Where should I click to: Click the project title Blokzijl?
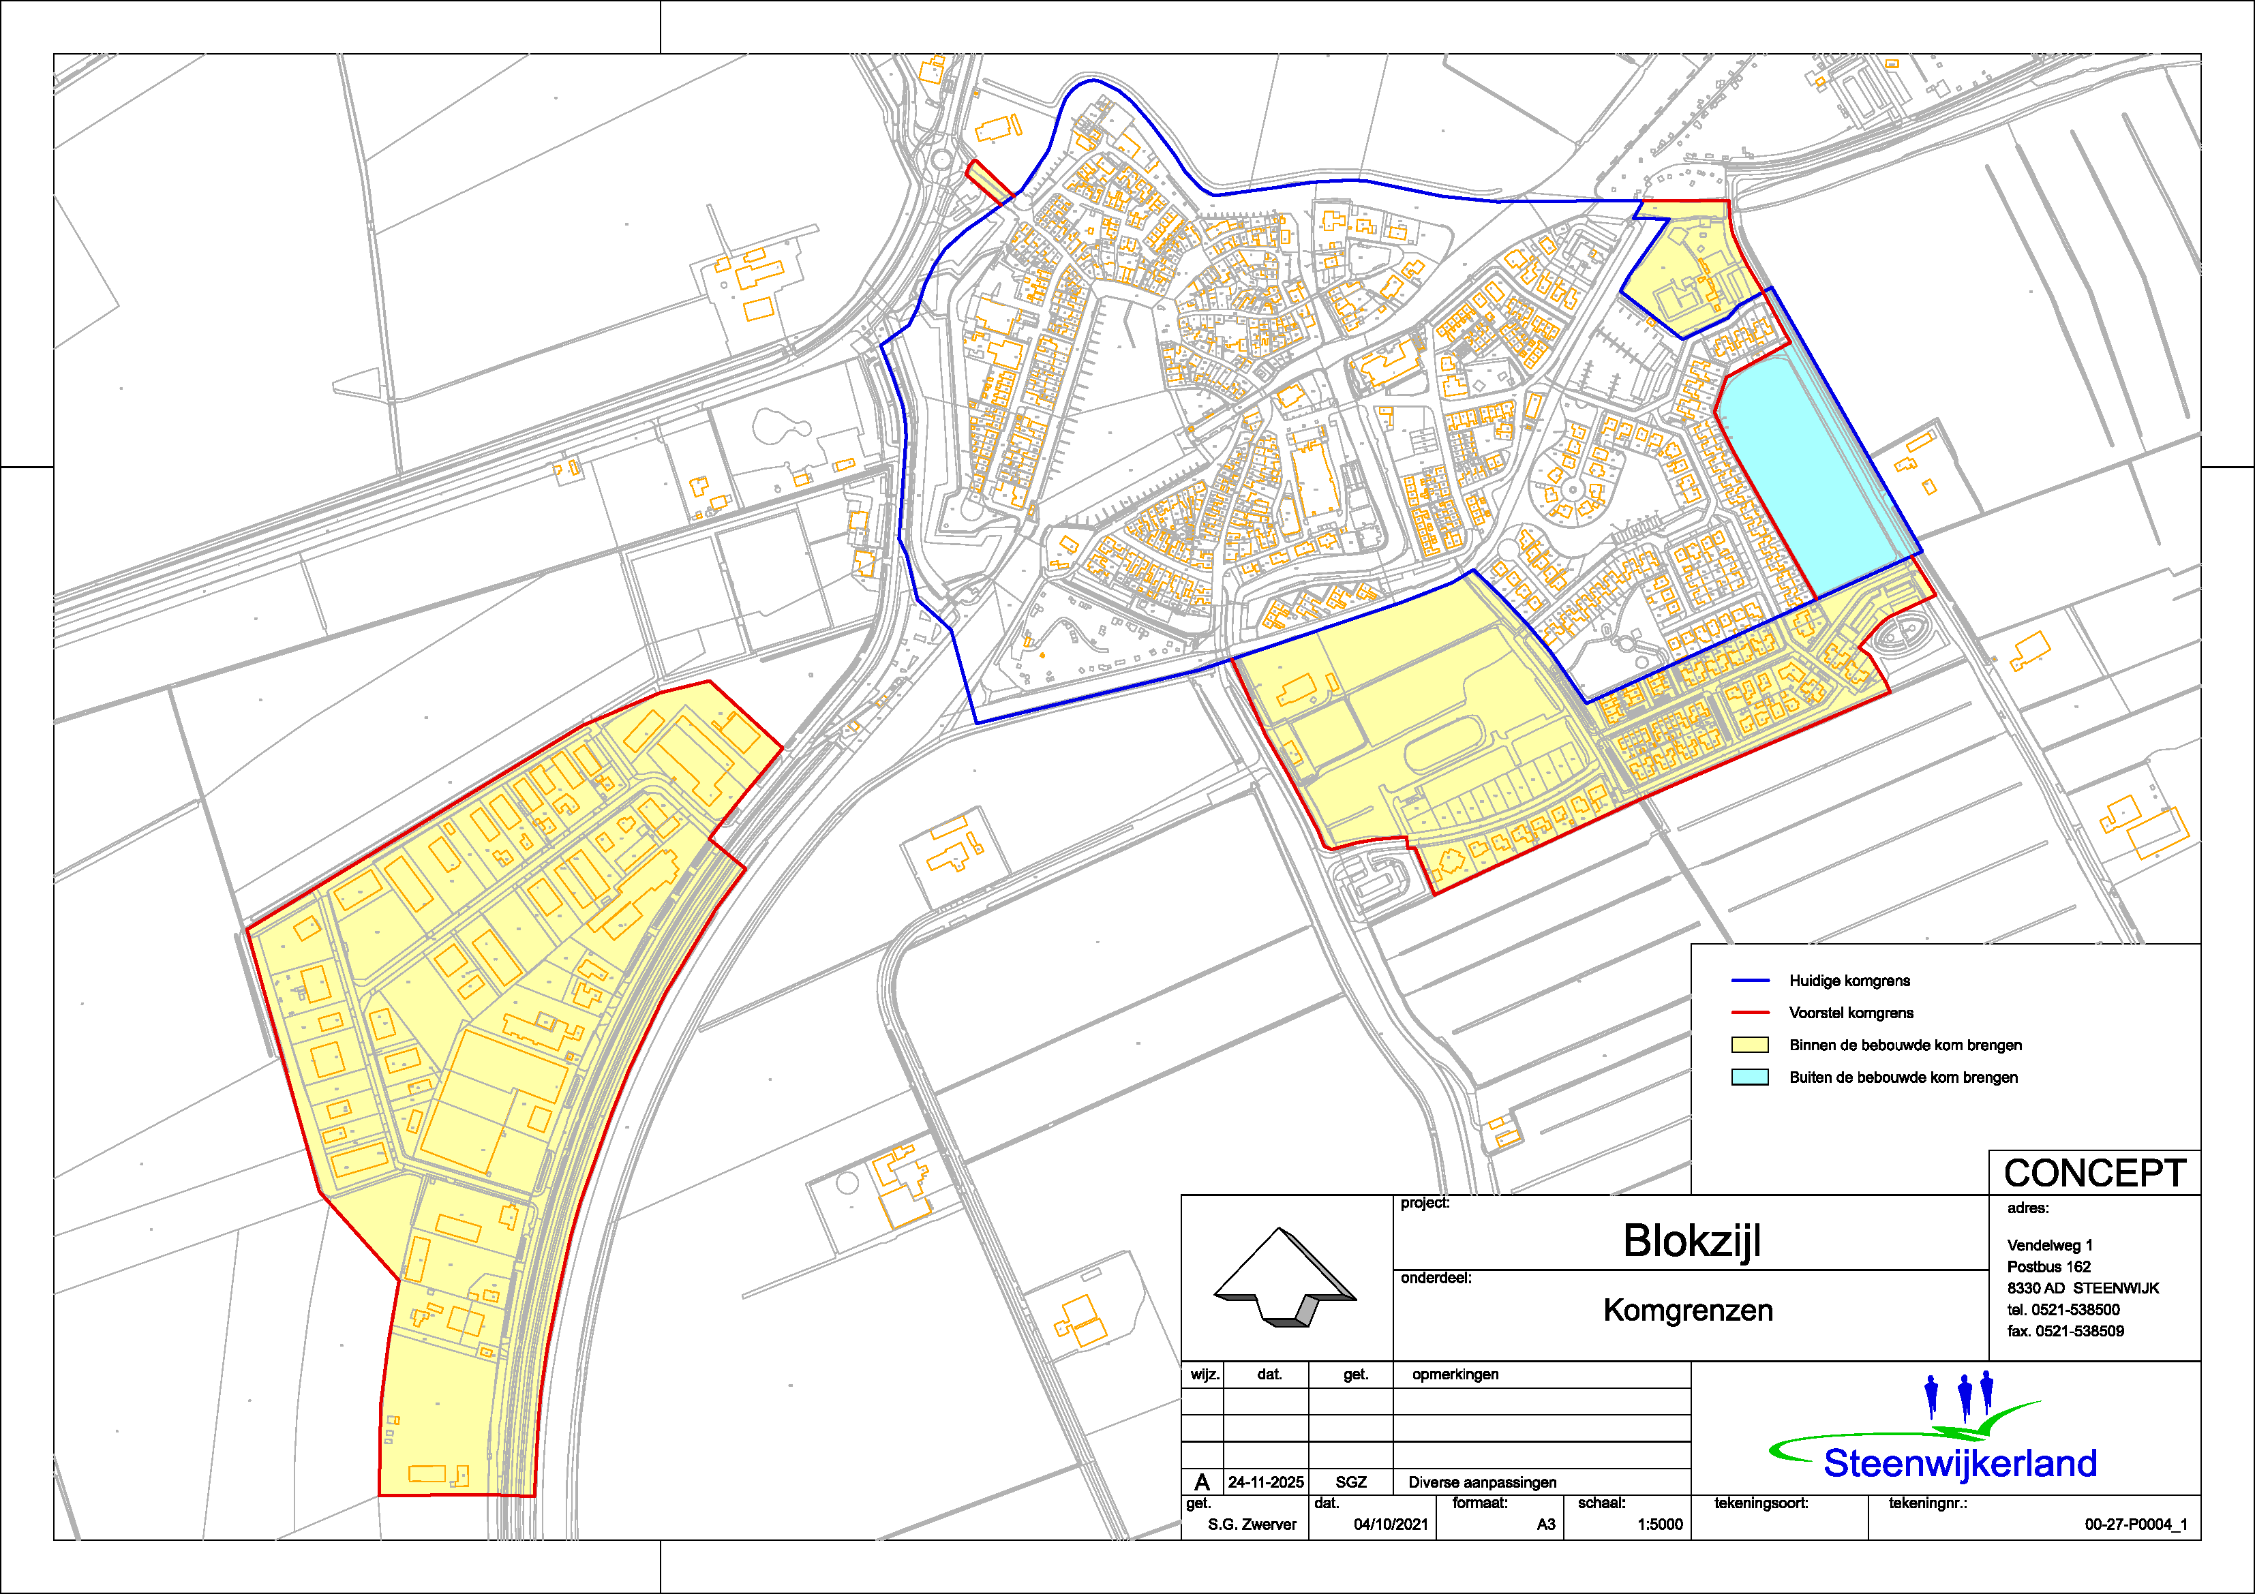click(1691, 1240)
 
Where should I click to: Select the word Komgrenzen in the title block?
click(1687, 1311)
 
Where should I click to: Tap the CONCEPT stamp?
click(2094, 1173)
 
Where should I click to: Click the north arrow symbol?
click(1285, 1277)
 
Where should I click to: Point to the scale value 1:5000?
click(1660, 1524)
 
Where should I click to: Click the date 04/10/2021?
click(1391, 1524)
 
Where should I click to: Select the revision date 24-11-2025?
click(1265, 1482)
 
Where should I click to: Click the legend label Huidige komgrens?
click(1849, 980)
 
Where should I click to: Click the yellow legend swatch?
click(1749, 1045)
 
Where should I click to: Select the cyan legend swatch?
click(1749, 1077)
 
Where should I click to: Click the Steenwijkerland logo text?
click(1959, 1463)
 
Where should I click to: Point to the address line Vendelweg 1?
click(2050, 1245)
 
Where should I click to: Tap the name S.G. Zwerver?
click(1252, 1524)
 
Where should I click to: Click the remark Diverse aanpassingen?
click(1482, 1482)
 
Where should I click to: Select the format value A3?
click(1546, 1524)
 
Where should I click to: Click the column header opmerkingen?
click(1455, 1374)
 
